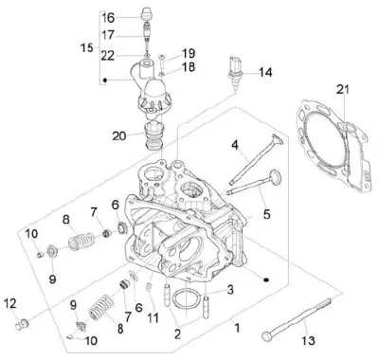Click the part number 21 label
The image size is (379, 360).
tap(343, 89)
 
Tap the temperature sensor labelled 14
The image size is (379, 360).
tap(235, 71)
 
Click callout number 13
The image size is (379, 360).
tap(308, 340)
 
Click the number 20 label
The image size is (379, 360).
tap(119, 136)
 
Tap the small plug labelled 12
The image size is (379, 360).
tap(22, 324)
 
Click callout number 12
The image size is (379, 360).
tap(9, 303)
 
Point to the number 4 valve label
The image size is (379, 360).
tap(234, 145)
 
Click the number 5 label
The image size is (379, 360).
tap(267, 214)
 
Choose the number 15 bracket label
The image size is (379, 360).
tap(86, 48)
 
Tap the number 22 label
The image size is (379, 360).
tap(108, 56)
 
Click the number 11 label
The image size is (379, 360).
tap(153, 317)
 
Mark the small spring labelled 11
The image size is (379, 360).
tap(148, 288)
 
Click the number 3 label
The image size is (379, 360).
tap(230, 289)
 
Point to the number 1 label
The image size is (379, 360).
tap(237, 329)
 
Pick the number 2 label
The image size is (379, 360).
tap(177, 334)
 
